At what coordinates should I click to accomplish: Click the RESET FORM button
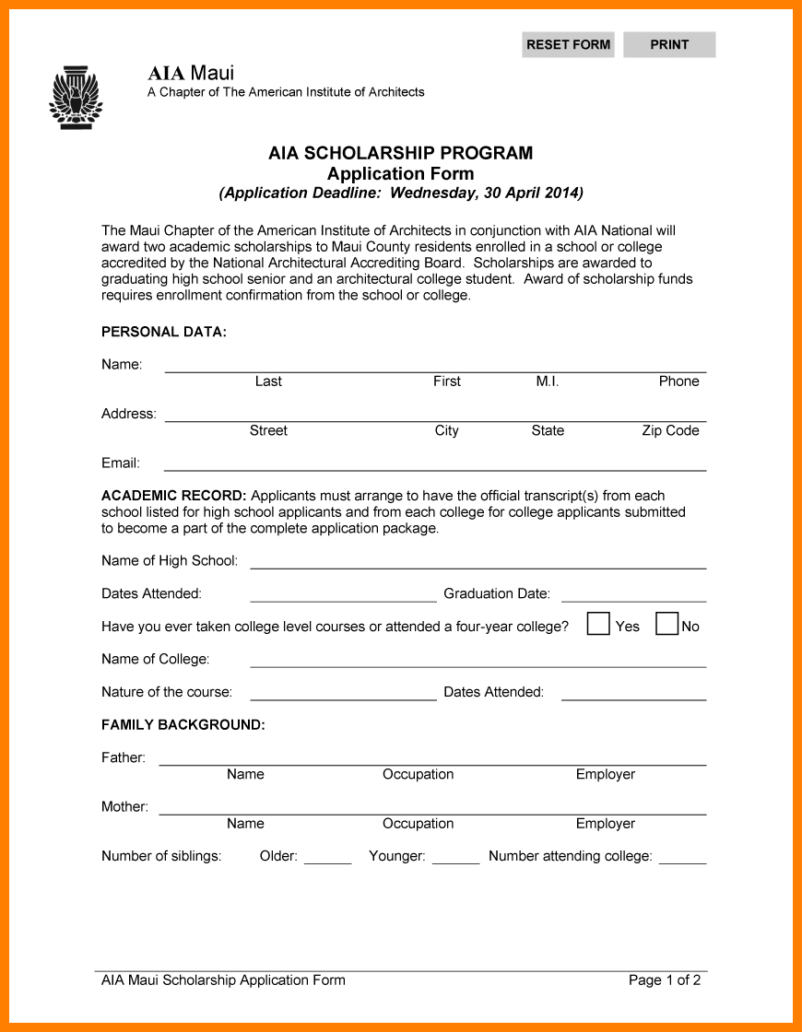(568, 44)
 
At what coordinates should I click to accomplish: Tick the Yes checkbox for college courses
(598, 624)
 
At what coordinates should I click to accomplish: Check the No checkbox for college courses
(666, 624)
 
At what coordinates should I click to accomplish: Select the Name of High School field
(478, 561)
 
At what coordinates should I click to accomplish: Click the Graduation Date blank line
(633, 594)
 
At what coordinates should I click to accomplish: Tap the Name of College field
(478, 660)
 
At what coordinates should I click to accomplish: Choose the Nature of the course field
(343, 693)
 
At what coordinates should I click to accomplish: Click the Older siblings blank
(327, 857)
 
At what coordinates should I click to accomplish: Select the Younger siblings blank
(455, 857)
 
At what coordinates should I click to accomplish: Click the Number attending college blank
(682, 857)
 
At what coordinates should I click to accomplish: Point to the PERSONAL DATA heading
(164, 332)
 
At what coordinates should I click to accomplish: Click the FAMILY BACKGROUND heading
(183, 725)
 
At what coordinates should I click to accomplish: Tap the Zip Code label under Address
(670, 430)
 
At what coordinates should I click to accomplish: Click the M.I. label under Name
(547, 381)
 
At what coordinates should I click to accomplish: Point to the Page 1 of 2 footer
(664, 980)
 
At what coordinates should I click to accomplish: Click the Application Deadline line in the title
(401, 193)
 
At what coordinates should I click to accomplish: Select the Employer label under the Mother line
(605, 824)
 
